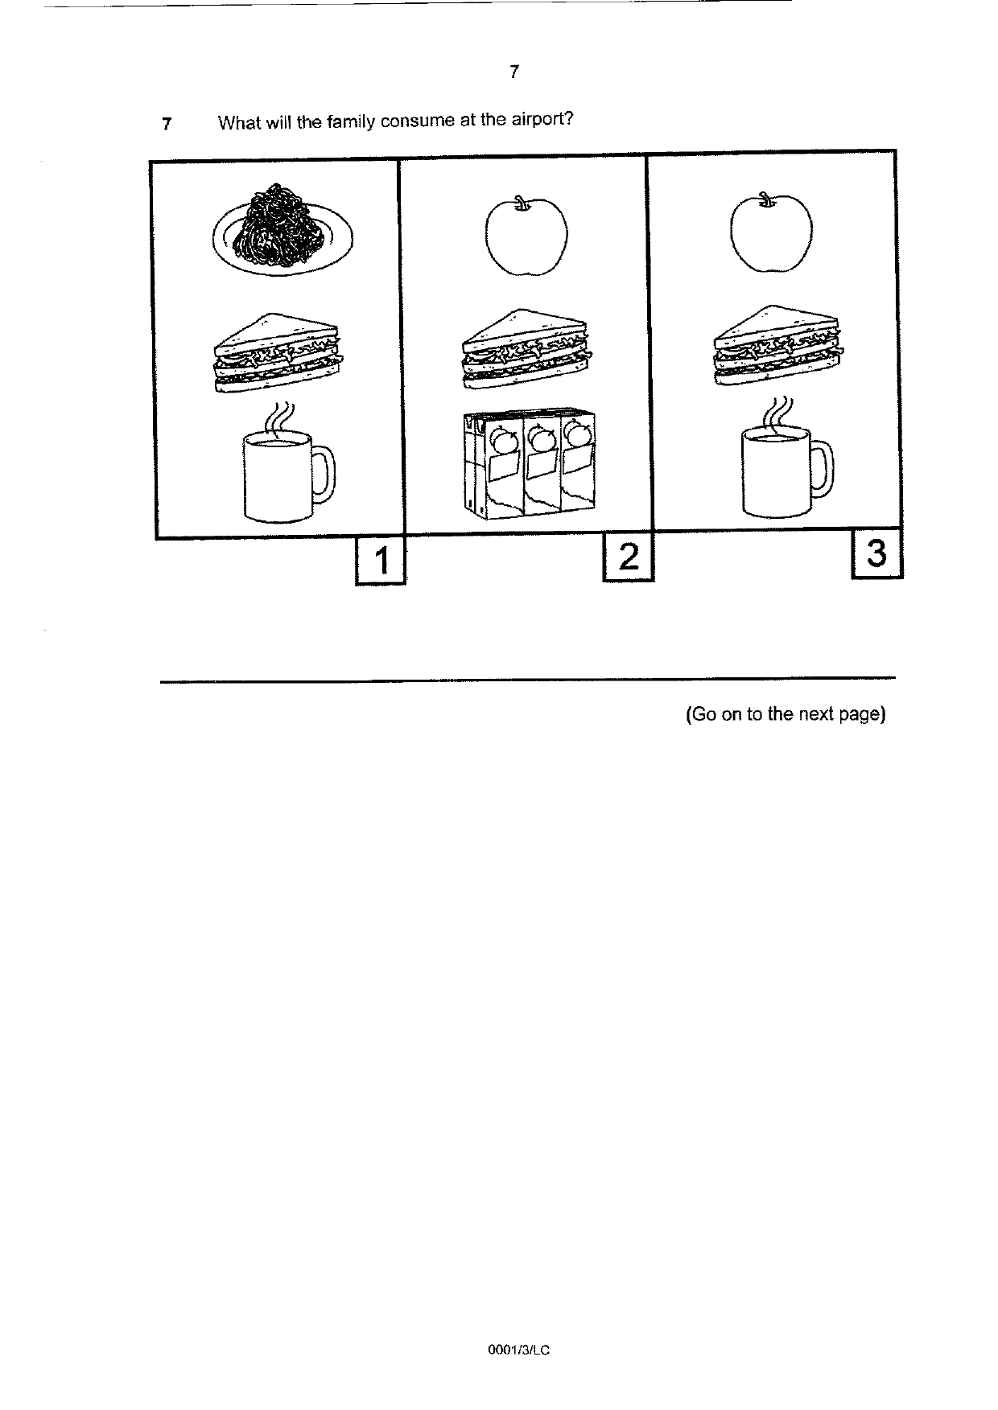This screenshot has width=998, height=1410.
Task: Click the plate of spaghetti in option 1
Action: click(282, 230)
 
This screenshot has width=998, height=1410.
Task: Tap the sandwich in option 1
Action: click(277, 353)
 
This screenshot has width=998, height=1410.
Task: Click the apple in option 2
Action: click(526, 234)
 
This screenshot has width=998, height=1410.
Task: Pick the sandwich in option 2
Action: click(525, 348)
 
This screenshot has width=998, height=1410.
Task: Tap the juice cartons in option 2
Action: click(531, 462)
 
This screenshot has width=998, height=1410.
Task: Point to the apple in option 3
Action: click(771, 232)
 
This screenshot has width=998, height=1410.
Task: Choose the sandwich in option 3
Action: click(778, 345)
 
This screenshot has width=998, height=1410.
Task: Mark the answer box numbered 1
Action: click(380, 561)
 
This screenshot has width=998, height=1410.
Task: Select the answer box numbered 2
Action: click(629, 557)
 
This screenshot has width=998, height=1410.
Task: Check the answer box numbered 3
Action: click(877, 554)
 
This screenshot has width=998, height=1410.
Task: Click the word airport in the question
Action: click(541, 121)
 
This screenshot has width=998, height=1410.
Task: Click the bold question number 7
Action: click(167, 124)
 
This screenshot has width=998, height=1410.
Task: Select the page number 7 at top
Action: click(514, 72)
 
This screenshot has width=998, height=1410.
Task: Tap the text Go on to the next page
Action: click(786, 714)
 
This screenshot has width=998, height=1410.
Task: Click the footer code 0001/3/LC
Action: click(519, 1350)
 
